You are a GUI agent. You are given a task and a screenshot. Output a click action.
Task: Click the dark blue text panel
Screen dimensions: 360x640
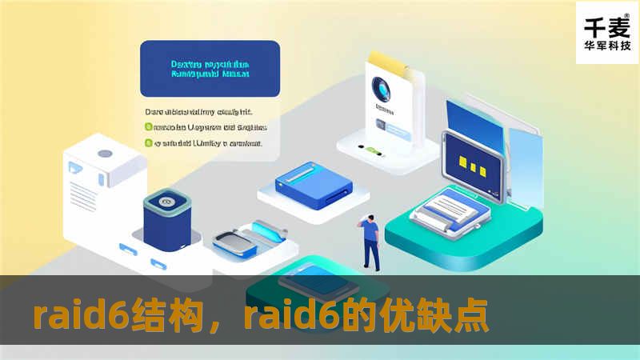[x=210, y=70]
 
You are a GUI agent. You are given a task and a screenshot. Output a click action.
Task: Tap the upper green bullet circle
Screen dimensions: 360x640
[x=148, y=126]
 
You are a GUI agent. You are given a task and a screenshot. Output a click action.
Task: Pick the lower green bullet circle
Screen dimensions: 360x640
[x=148, y=144]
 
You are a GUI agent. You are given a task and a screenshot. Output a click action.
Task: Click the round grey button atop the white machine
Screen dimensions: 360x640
[x=104, y=154]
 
